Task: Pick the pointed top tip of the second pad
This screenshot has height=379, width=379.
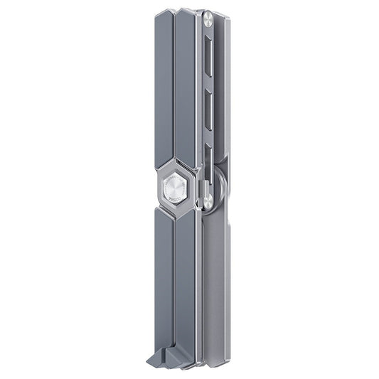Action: point(186,9)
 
